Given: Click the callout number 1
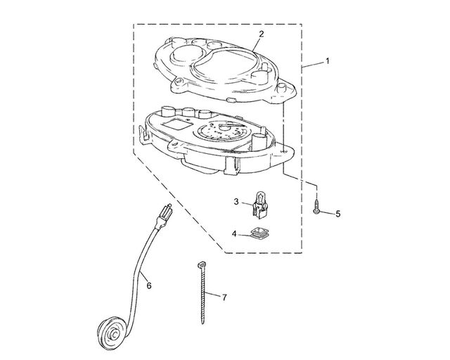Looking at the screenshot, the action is pyautogui.click(x=327, y=61).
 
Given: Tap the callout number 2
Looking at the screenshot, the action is pyautogui.click(x=261, y=34).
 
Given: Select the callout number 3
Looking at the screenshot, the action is pyautogui.click(x=236, y=202).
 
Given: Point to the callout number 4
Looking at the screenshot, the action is pyautogui.click(x=234, y=233).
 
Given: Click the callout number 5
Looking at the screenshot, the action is pyautogui.click(x=338, y=214).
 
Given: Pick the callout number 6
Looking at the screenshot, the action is pyautogui.click(x=149, y=285).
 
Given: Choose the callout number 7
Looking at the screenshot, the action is pyautogui.click(x=224, y=297).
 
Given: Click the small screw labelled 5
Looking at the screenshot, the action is pyautogui.click(x=316, y=207).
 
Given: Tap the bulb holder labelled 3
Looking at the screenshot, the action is pyautogui.click(x=260, y=205).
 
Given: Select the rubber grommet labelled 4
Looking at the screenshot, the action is pyautogui.click(x=260, y=233).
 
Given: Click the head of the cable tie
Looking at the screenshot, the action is pyautogui.click(x=202, y=264).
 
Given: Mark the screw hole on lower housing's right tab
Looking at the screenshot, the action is pyautogui.click(x=284, y=150).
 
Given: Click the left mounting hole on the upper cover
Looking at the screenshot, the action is pyautogui.click(x=179, y=82).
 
